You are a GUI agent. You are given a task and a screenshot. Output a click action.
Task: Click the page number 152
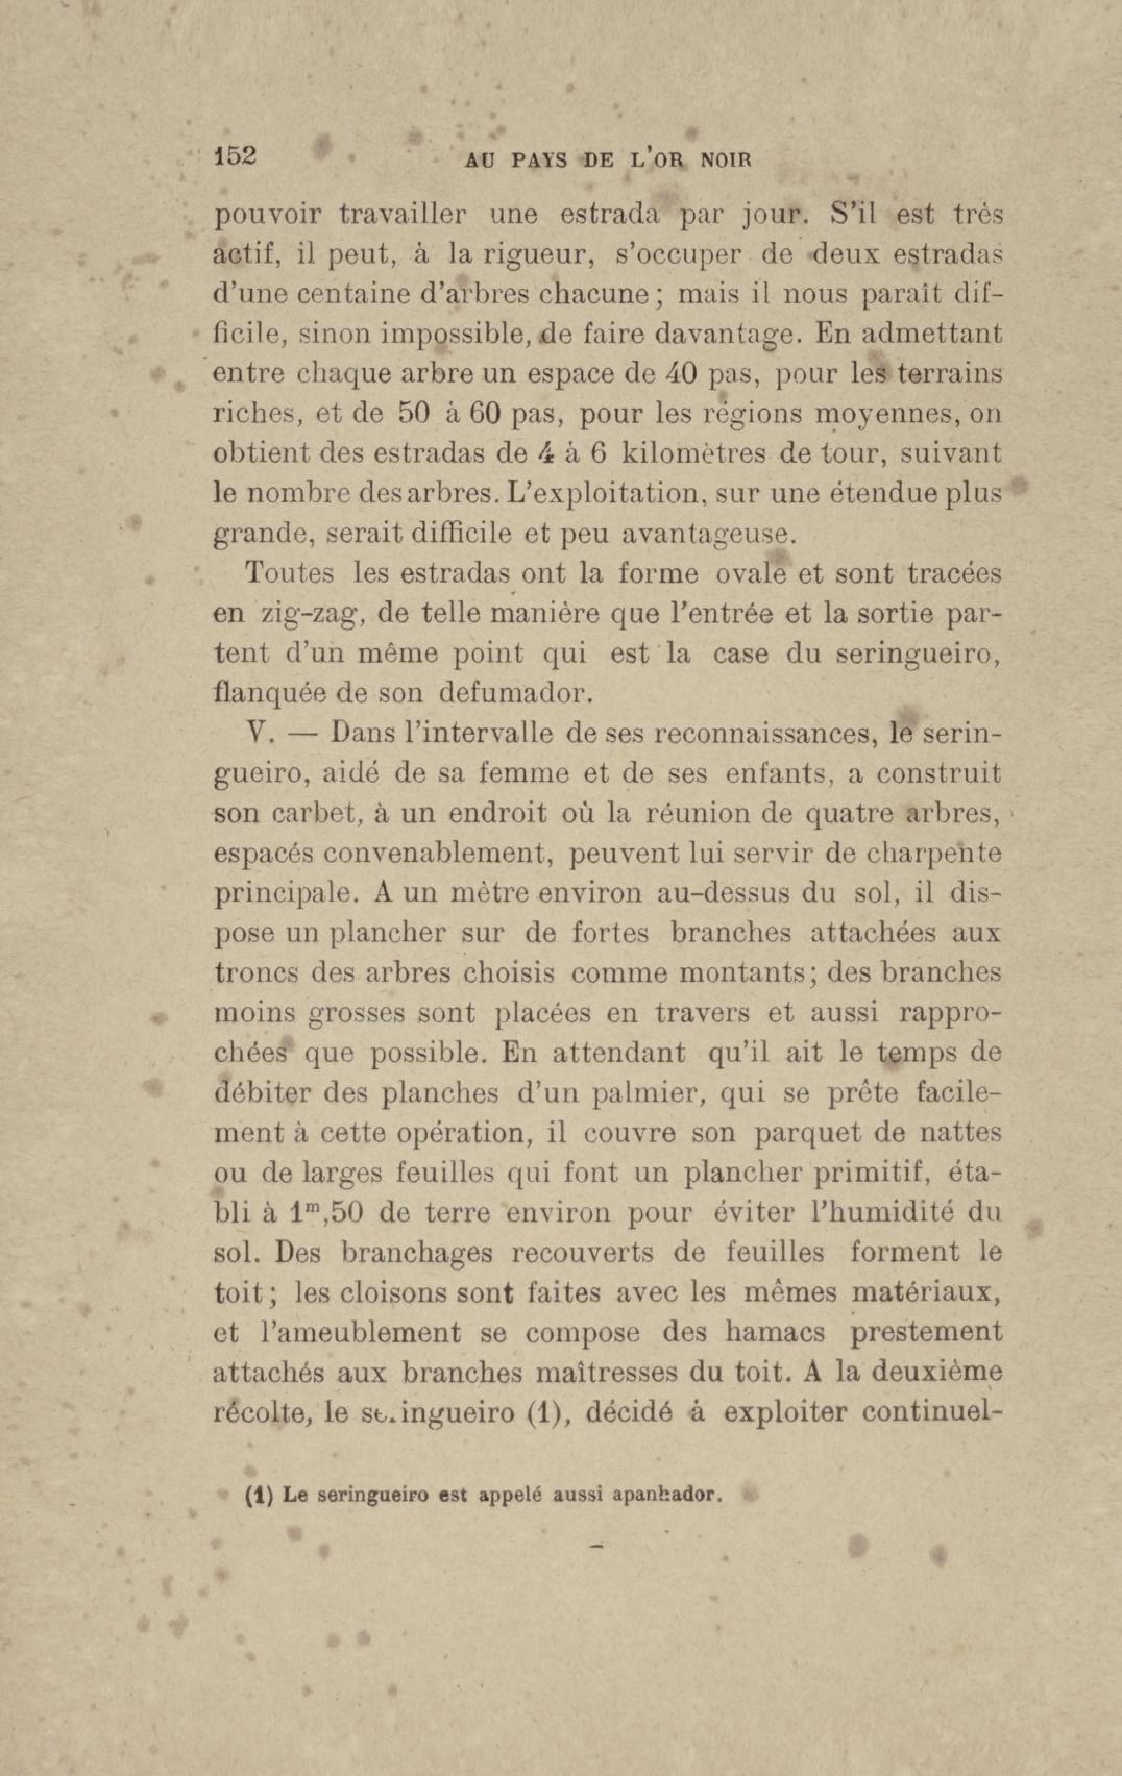(x=234, y=156)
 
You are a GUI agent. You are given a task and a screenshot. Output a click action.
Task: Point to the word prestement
(x=926, y=1332)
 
